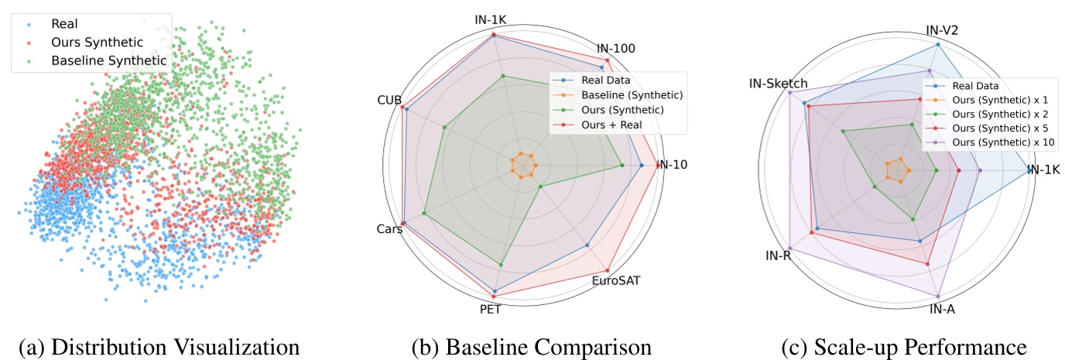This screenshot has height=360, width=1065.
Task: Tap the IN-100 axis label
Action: click(616, 48)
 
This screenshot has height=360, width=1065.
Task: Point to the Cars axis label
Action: click(389, 229)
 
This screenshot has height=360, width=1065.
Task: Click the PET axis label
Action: click(489, 310)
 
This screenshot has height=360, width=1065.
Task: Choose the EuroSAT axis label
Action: click(616, 280)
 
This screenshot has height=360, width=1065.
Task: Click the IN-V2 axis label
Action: click(943, 31)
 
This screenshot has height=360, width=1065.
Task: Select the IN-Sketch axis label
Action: click(779, 84)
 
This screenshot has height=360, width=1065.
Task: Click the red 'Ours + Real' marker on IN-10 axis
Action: click(657, 165)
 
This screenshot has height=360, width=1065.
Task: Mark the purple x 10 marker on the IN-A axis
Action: click(938, 297)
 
